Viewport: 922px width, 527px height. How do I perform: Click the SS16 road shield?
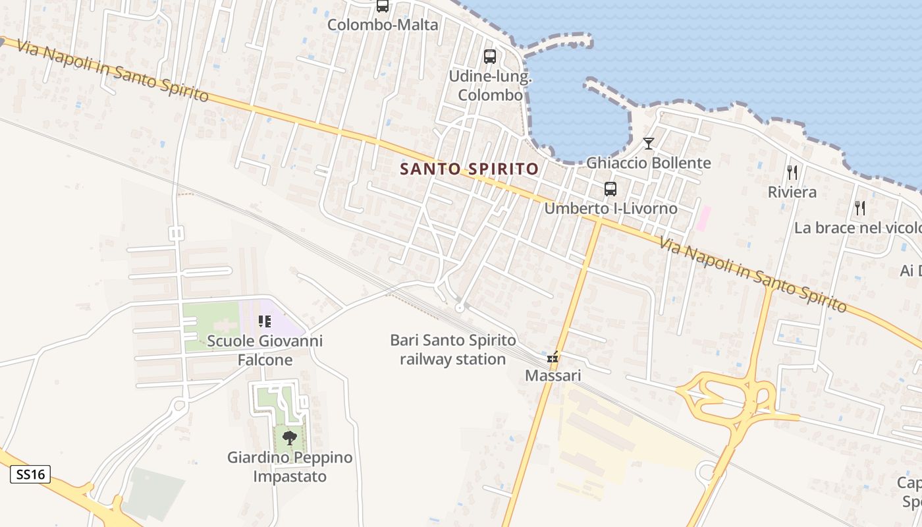click(x=30, y=474)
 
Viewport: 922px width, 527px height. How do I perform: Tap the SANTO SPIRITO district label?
click(x=470, y=169)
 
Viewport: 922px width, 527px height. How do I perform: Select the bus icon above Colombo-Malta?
click(x=383, y=6)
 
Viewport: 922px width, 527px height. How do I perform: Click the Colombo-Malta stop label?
click(x=383, y=25)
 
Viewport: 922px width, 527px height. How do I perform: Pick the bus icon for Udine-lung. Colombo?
click(x=490, y=57)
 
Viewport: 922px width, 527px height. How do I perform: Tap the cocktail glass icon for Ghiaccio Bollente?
click(x=649, y=144)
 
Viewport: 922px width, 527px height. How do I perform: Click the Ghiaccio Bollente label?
click(x=649, y=163)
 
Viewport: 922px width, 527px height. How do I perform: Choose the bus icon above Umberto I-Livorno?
click(x=610, y=189)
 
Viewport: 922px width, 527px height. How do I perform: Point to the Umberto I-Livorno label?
click(x=610, y=208)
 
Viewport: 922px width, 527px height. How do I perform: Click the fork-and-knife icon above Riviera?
click(x=792, y=173)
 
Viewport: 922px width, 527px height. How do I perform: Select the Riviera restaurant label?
click(x=792, y=192)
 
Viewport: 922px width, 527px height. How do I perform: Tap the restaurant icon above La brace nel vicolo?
click(x=860, y=208)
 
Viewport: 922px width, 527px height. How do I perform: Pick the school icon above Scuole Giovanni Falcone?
click(x=265, y=321)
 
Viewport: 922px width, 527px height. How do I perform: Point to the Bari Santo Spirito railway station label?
click(x=453, y=350)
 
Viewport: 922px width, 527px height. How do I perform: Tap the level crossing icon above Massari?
click(x=553, y=358)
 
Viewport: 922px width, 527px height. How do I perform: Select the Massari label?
click(x=553, y=376)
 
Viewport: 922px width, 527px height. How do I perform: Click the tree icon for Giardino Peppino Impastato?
click(x=289, y=437)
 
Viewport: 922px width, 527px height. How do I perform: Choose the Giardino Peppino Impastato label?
click(x=290, y=466)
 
